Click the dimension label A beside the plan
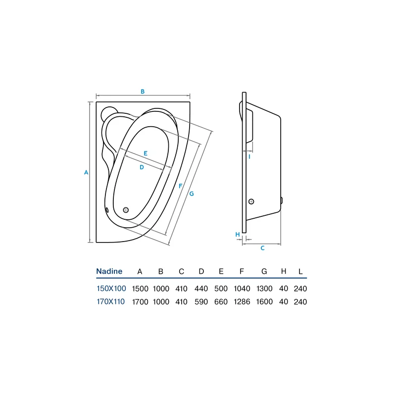[86, 172]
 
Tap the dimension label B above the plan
[143, 92]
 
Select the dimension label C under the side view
[262, 248]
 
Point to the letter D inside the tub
[142, 167]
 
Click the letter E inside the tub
[146, 153]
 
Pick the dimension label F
[180, 186]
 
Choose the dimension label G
[192, 194]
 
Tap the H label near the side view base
[238, 235]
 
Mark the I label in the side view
[249, 157]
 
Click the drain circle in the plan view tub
[126, 210]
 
